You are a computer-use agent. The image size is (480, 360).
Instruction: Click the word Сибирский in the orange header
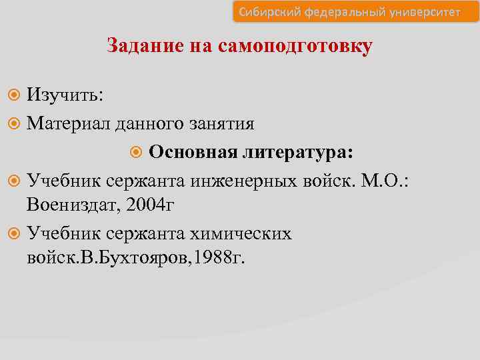pyautogui.click(x=266, y=12)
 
